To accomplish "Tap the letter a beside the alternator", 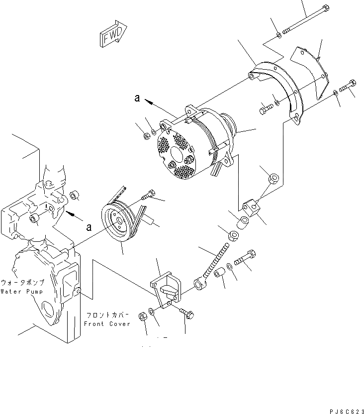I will [137, 98].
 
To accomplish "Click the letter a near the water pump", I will [89, 227].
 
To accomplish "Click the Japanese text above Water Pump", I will [22, 282].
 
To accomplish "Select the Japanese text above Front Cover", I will [108, 315].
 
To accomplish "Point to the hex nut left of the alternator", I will [146, 135].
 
